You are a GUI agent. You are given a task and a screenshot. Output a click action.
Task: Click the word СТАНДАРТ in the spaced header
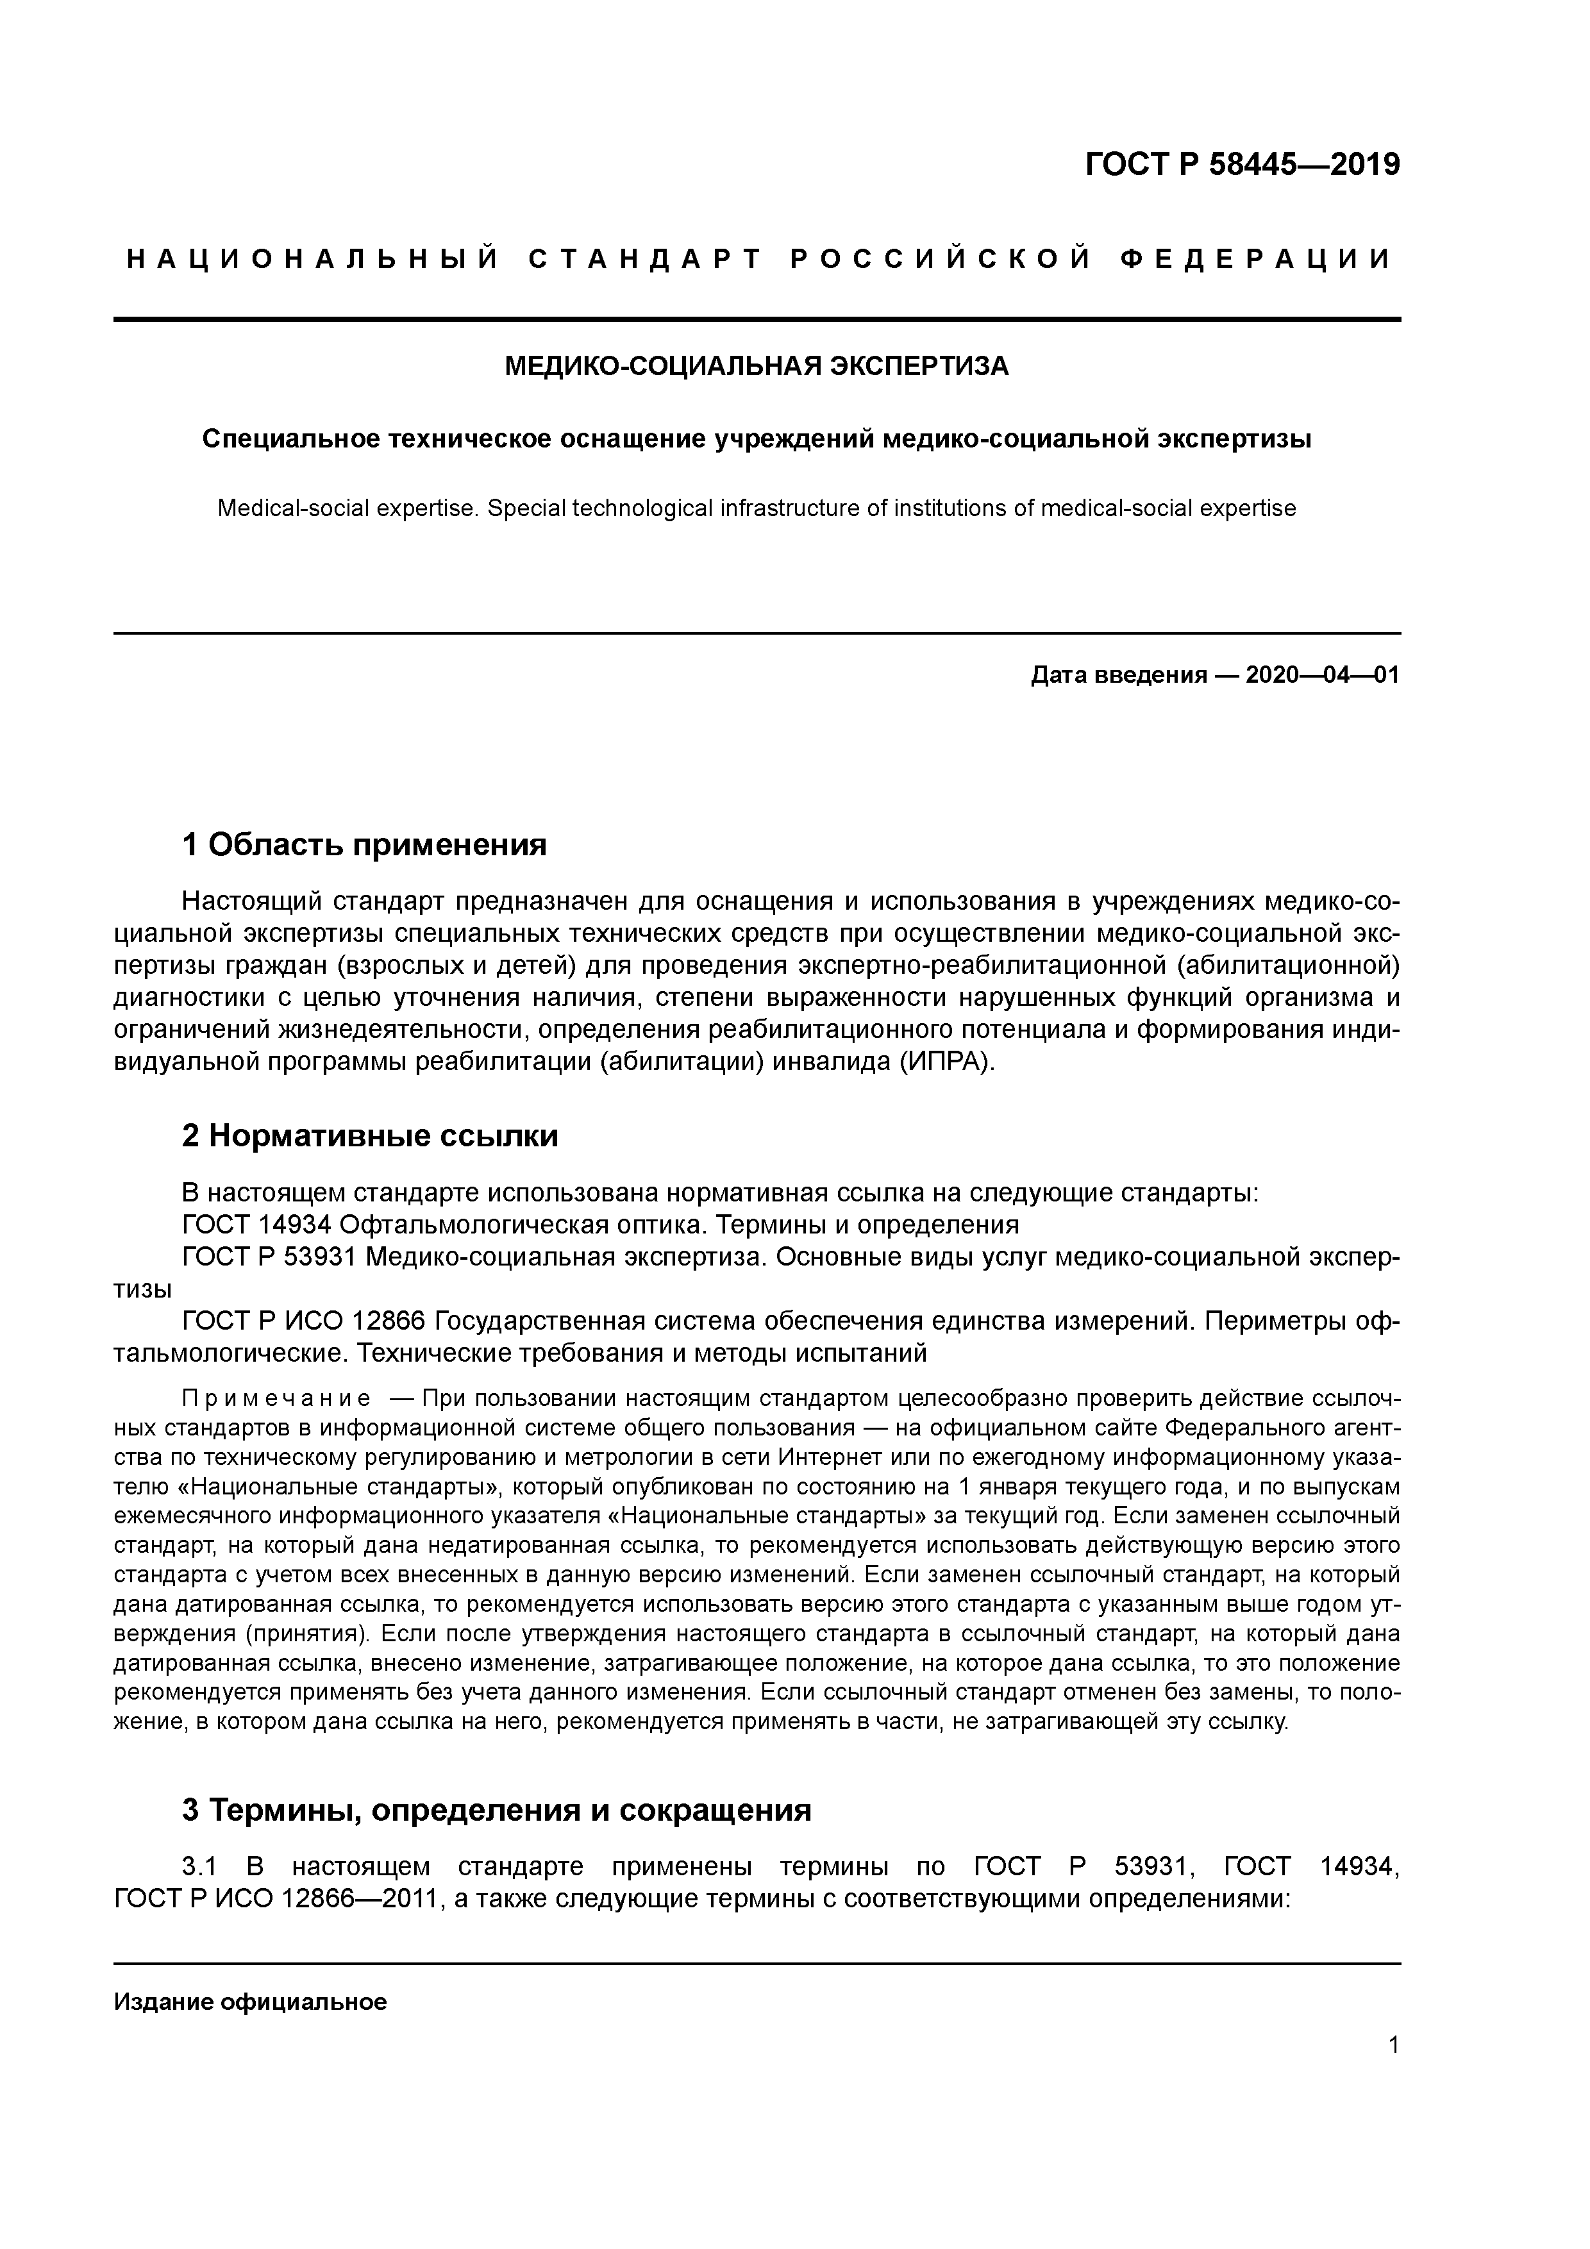point(644,260)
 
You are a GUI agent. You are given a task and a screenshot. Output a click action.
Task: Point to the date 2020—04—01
point(1321,675)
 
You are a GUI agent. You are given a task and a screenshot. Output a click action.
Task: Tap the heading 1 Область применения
point(364,844)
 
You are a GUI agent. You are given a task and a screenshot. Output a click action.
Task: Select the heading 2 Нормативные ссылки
point(371,1136)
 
